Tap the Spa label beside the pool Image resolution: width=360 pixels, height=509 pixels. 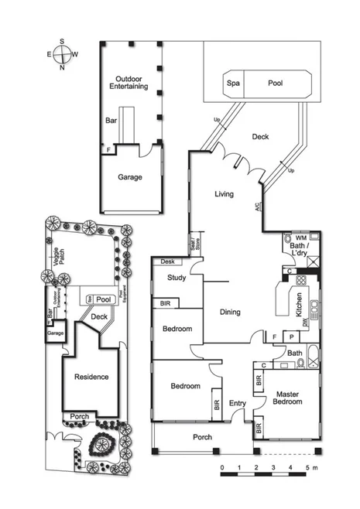[x=232, y=83]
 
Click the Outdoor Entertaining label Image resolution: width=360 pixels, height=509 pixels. [x=130, y=84]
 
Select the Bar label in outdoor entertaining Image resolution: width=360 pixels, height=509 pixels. [x=111, y=121]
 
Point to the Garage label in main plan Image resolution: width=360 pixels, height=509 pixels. [x=129, y=177]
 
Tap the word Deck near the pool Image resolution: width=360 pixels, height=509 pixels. [x=261, y=137]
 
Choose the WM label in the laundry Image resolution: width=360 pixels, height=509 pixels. [x=301, y=237]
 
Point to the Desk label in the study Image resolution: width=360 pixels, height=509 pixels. [x=167, y=262]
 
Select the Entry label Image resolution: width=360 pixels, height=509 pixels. [x=237, y=402]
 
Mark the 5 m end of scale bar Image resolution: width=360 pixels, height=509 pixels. [x=308, y=469]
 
